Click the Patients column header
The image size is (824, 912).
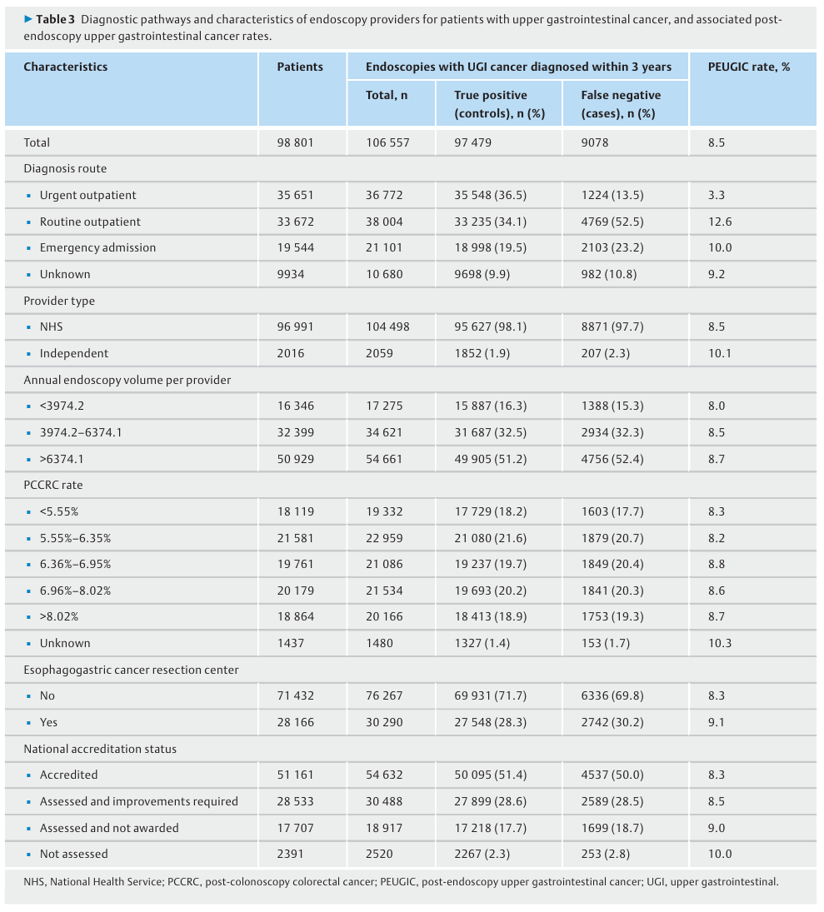tap(300, 67)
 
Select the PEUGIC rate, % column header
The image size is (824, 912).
tap(749, 67)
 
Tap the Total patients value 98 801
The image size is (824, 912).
tap(295, 142)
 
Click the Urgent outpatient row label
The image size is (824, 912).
tap(87, 196)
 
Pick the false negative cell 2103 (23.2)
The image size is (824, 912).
tap(612, 247)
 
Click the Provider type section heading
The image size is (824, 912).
tap(59, 301)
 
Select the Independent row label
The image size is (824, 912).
tap(74, 354)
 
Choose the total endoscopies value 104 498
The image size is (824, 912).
tap(387, 326)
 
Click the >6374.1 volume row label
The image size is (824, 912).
tap(61, 460)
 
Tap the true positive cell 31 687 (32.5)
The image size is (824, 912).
tap(491, 433)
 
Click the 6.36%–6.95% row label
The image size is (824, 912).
tap(75, 564)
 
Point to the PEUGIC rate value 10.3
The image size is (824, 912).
tap(720, 643)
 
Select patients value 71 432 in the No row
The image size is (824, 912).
tap(295, 695)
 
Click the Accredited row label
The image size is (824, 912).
tap(68, 775)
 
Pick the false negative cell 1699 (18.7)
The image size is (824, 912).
tap(612, 828)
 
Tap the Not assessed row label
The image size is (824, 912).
tap(74, 854)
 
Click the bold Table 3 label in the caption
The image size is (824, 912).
tap(55, 19)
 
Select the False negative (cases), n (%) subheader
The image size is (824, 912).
tap(621, 104)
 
